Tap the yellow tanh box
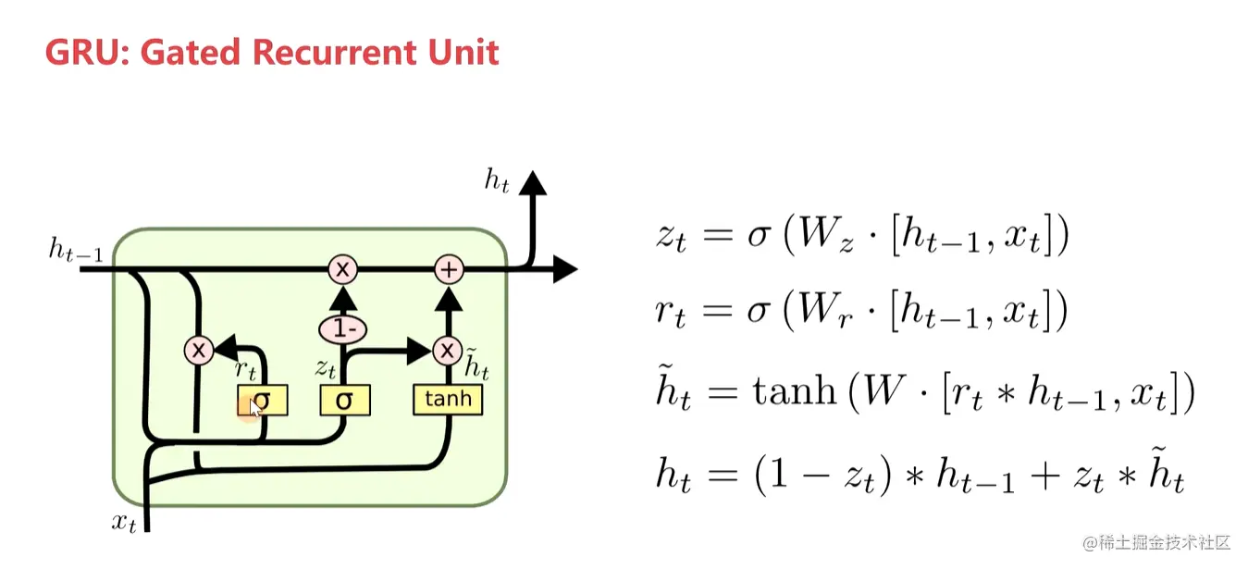(x=448, y=400)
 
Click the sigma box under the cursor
(x=263, y=401)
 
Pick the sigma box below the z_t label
(x=345, y=401)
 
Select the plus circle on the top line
(x=449, y=269)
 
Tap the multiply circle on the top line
(x=343, y=269)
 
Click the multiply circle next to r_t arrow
(x=198, y=350)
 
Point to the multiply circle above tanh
(x=448, y=350)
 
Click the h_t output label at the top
(x=497, y=181)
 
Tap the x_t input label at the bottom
(x=125, y=523)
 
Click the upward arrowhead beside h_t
(x=532, y=182)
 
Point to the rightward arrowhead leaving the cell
(x=564, y=269)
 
